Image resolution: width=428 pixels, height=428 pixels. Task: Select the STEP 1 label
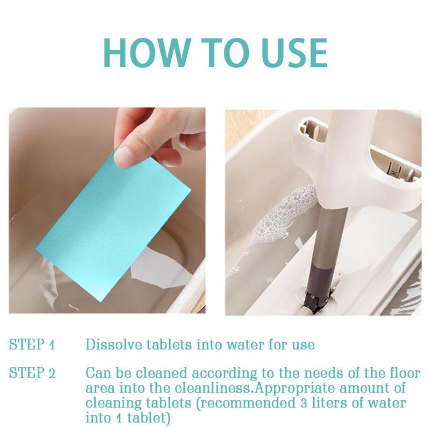[32, 344]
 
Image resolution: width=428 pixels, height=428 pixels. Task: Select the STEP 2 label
[32, 373]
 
